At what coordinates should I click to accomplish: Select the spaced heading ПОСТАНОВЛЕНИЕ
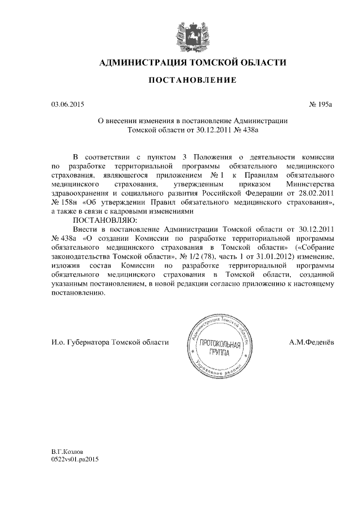click(192, 81)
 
